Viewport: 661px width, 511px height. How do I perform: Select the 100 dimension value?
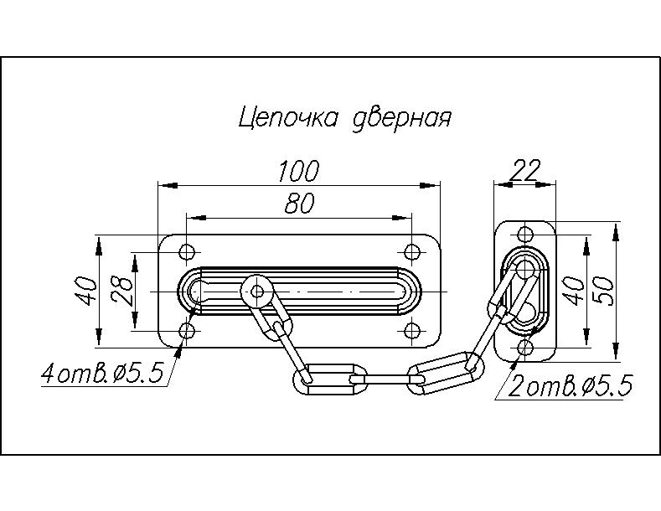click(299, 172)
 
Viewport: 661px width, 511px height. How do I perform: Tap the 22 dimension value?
click(524, 171)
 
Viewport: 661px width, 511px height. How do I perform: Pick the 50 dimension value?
click(606, 290)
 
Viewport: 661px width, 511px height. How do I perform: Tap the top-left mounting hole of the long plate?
click(187, 251)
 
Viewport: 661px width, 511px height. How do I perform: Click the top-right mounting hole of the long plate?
click(411, 251)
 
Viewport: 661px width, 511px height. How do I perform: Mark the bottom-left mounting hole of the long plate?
click(187, 333)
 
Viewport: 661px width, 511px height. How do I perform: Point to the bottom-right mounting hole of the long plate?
click(411, 333)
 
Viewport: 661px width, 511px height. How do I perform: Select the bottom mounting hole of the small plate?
click(525, 347)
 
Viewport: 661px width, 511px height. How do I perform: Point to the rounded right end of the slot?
click(416, 292)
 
